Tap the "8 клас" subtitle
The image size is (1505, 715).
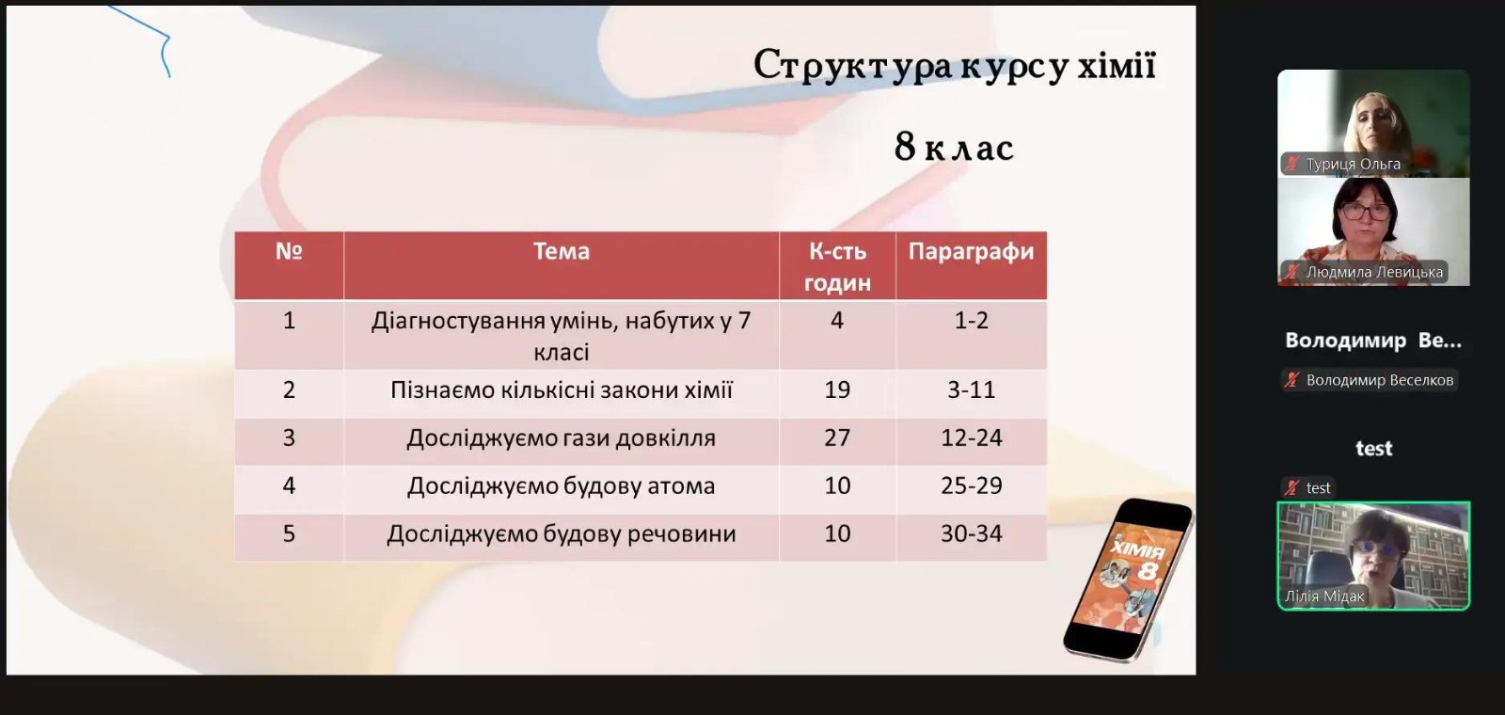click(954, 147)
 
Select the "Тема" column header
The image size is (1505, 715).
click(561, 251)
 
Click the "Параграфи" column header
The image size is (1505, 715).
click(971, 252)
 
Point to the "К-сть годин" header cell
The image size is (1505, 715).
click(837, 267)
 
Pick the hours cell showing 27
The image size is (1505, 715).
click(837, 438)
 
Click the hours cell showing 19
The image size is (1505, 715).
click(837, 389)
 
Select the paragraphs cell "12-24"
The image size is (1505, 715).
click(971, 438)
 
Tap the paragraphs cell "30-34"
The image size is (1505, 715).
click(971, 533)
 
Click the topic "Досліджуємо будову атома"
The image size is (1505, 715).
click(561, 485)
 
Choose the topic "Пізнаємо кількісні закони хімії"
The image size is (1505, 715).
click(561, 389)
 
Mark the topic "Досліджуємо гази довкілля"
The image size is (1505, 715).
click(561, 438)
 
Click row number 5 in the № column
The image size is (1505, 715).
click(289, 533)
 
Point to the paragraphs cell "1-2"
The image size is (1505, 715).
click(971, 321)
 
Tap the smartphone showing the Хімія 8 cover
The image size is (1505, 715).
click(1128, 580)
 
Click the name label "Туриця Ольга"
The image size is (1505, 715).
click(1354, 164)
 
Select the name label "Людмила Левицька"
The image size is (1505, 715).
click(1374, 272)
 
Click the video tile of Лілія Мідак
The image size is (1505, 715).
click(1373, 556)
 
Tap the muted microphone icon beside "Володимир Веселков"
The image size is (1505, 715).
click(1291, 380)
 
